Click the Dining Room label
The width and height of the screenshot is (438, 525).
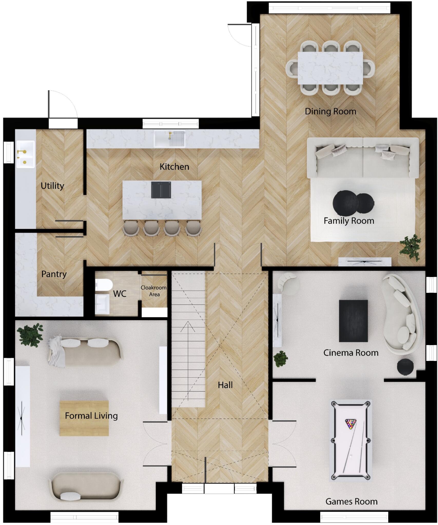point(330,112)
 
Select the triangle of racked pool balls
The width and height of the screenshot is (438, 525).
point(351,424)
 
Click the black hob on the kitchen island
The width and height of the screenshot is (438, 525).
point(161,190)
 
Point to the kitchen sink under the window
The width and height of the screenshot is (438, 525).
point(169,139)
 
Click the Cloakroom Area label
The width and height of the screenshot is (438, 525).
point(154,291)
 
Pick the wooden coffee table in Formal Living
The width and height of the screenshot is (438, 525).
point(84,418)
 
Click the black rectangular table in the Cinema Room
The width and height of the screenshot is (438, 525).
point(353,321)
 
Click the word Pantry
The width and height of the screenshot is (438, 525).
point(54,274)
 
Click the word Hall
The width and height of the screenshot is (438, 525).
point(225,385)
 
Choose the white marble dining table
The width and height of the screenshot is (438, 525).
point(330,68)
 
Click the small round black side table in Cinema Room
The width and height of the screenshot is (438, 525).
point(405,367)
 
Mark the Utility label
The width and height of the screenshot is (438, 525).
point(52,186)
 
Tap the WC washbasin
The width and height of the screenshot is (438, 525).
point(102,304)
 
